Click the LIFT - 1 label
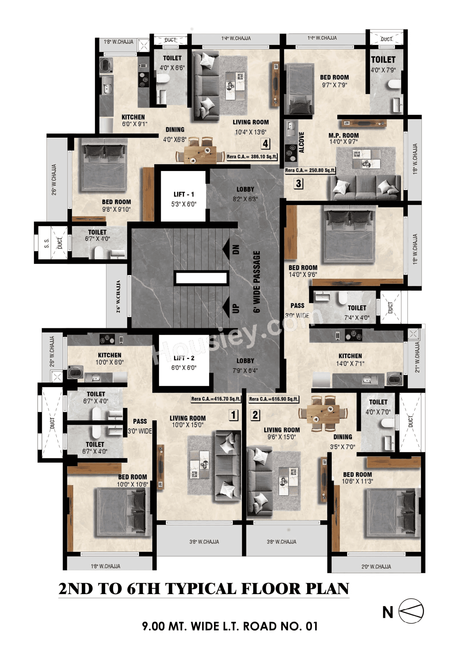coord(184,194)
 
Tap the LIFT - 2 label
coord(184,358)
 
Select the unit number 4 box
coord(265,144)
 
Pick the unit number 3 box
coord(299,184)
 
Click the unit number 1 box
coord(233,415)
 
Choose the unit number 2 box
coord(255,415)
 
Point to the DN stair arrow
coord(226,249)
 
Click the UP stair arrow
coord(226,308)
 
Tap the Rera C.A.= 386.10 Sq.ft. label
coord(252,157)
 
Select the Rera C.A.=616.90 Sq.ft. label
coord(273,399)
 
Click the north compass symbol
coord(411,611)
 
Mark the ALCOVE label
coord(301,142)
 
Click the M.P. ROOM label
coord(343,136)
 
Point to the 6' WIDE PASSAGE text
coord(257,282)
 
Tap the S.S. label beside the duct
coord(47,243)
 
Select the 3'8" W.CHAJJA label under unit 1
coord(204,542)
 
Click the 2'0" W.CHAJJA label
coord(376,567)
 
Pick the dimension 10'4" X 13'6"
coord(251,132)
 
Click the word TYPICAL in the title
coord(201,589)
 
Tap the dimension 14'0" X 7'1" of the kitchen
coord(350,363)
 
